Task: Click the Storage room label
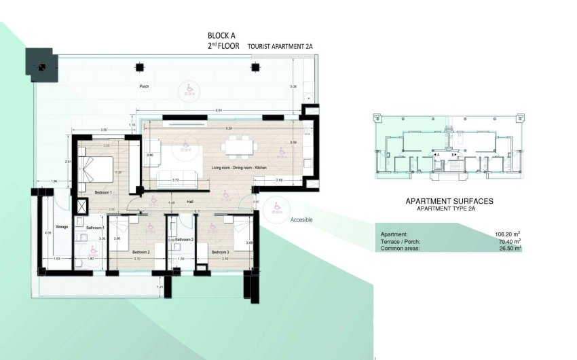pyautogui.click(x=62, y=227)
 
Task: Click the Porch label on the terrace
pyautogui.click(x=144, y=87)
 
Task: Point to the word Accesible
pyautogui.click(x=301, y=219)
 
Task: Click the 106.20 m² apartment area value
pyautogui.click(x=507, y=234)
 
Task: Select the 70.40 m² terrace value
pyautogui.click(x=508, y=241)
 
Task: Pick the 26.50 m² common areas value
pyautogui.click(x=508, y=249)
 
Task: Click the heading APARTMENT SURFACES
pyautogui.click(x=449, y=202)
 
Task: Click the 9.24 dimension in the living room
pyautogui.click(x=229, y=128)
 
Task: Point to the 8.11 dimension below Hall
pyautogui.click(x=197, y=211)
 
